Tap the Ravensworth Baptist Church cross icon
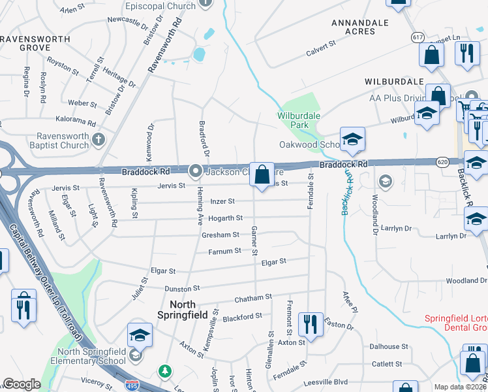point(99,139)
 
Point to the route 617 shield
point(418,37)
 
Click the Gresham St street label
point(221,235)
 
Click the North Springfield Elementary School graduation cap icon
point(140,335)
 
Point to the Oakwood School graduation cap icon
point(352,139)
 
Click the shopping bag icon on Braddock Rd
point(262,174)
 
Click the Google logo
point(22,384)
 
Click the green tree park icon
point(166,372)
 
